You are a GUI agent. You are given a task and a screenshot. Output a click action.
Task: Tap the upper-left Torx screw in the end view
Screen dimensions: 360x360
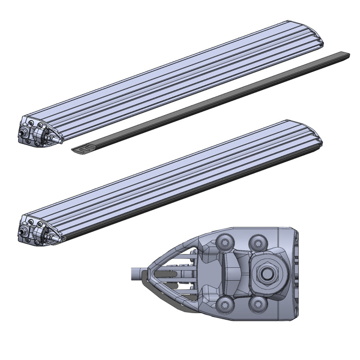click(225, 243)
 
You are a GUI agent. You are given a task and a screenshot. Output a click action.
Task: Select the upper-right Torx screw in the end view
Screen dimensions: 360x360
click(256, 242)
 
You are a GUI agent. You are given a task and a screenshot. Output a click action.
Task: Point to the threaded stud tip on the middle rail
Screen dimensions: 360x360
click(21, 233)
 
